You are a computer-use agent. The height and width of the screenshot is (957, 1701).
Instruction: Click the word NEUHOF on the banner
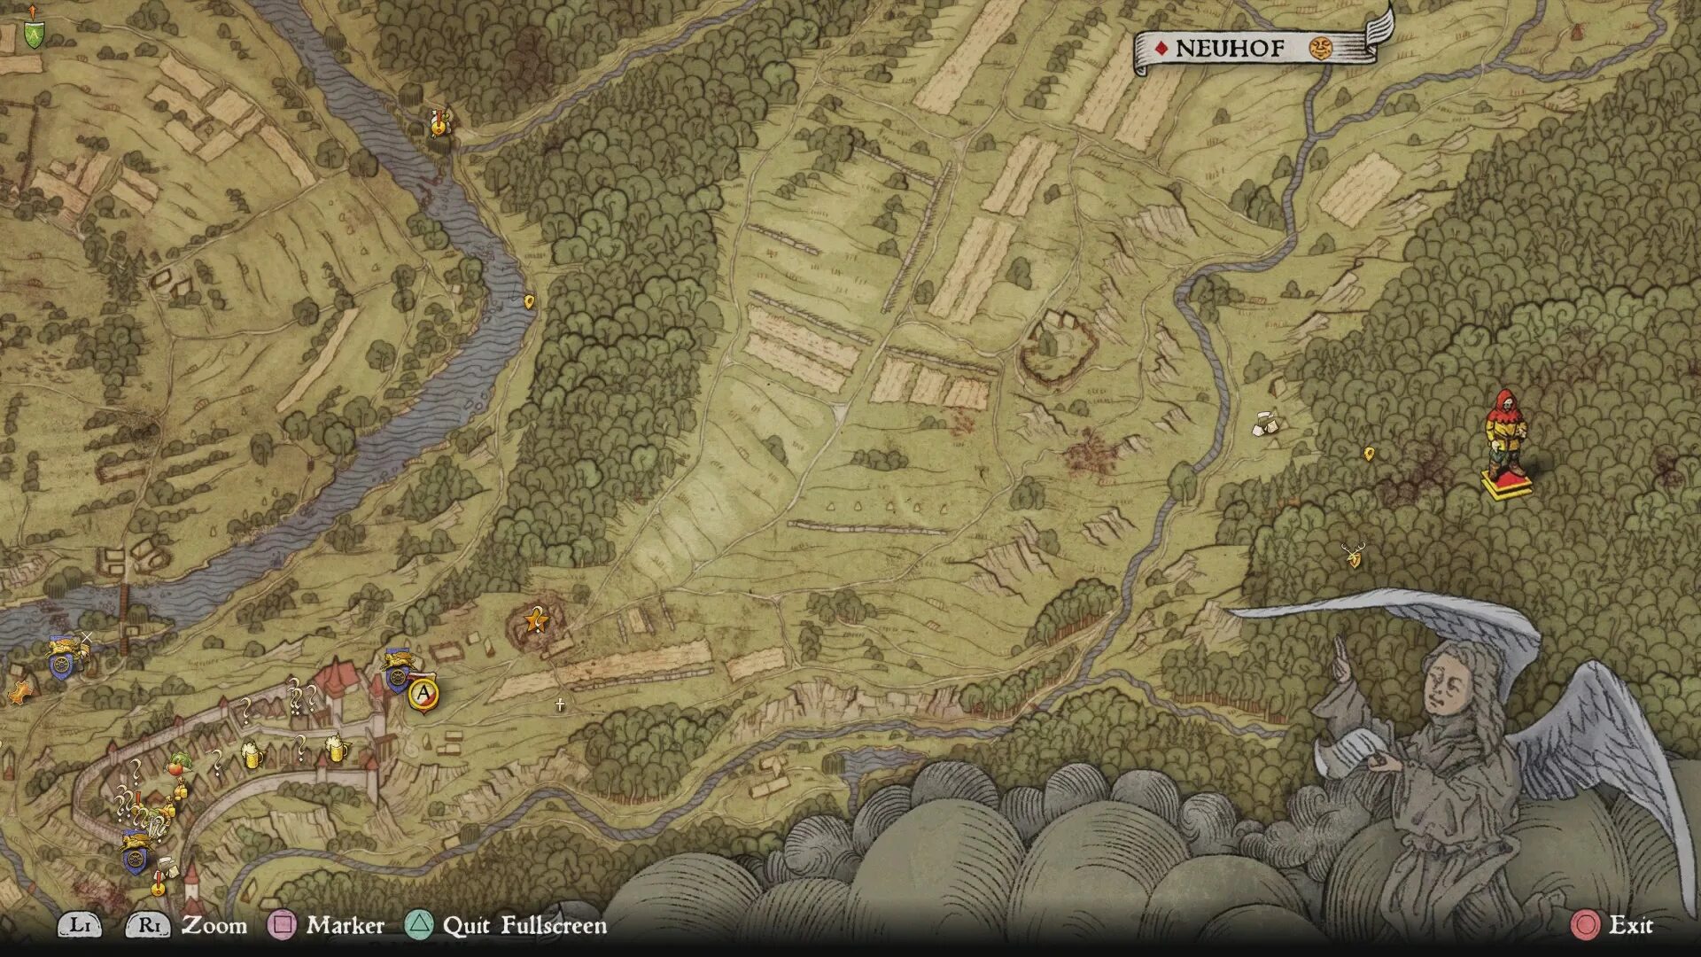point(1229,49)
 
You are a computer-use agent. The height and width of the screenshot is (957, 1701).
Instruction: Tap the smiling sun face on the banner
point(1321,49)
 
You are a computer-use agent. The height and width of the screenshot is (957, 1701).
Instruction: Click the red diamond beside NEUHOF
point(1161,49)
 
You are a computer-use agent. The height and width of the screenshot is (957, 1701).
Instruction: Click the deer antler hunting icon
point(1353,556)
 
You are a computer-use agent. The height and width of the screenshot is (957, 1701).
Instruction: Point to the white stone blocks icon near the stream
point(1266,424)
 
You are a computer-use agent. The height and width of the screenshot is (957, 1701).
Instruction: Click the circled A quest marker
point(424,693)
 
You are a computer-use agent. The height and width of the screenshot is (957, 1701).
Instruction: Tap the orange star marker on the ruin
point(535,619)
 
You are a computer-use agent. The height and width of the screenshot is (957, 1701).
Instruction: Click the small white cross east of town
point(560,705)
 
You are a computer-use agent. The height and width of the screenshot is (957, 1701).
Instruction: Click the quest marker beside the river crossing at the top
point(438,123)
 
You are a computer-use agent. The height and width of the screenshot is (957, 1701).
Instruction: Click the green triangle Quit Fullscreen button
point(419,925)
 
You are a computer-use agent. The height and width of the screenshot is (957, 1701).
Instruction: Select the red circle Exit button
point(1585,925)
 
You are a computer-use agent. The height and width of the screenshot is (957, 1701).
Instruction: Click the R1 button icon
point(148,925)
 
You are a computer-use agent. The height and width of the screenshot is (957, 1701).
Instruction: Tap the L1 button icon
point(80,925)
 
